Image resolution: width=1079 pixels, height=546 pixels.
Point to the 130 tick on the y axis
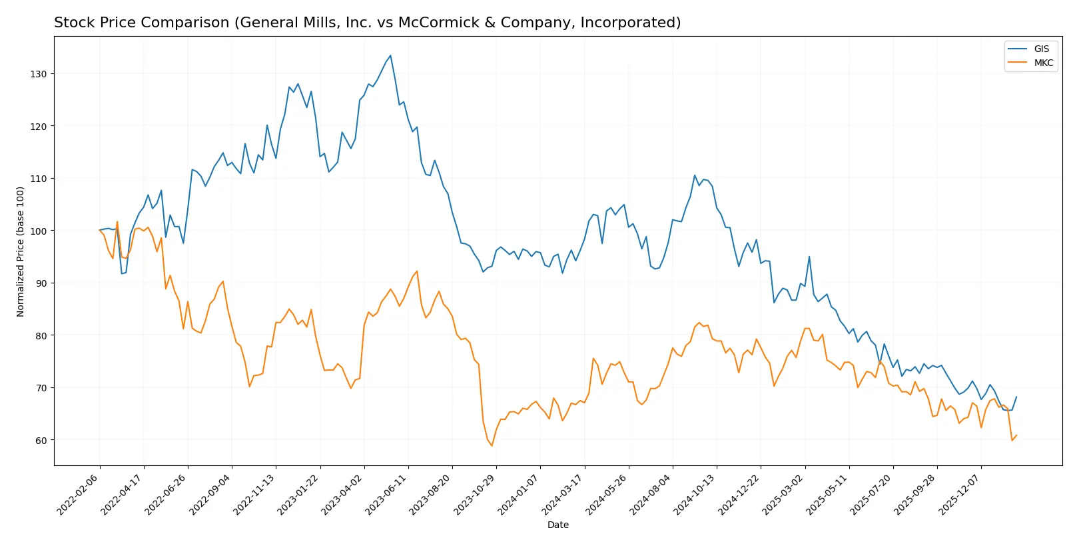tap(39, 74)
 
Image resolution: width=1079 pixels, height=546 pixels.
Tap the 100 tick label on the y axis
tap(39, 231)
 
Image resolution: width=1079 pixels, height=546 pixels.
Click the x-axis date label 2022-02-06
tap(79, 494)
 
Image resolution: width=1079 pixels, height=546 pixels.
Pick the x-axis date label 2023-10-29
tap(476, 494)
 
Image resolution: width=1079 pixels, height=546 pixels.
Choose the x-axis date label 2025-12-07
tap(960, 494)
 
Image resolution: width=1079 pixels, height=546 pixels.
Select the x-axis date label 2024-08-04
tap(652, 494)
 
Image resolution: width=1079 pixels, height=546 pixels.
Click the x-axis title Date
tap(557, 525)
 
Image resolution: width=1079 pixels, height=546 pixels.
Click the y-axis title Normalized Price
tap(21, 251)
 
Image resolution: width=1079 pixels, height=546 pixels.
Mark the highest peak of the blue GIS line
tap(390, 55)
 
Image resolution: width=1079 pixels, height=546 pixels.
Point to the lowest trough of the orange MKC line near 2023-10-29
tap(492, 445)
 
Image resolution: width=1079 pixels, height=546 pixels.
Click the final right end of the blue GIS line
tap(1016, 397)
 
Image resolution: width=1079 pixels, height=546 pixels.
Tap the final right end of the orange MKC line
tap(1016, 435)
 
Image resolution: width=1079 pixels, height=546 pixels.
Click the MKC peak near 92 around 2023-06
tap(417, 271)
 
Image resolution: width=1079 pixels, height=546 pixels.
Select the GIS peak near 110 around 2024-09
tap(695, 175)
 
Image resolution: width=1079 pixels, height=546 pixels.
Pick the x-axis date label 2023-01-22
tap(299, 494)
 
